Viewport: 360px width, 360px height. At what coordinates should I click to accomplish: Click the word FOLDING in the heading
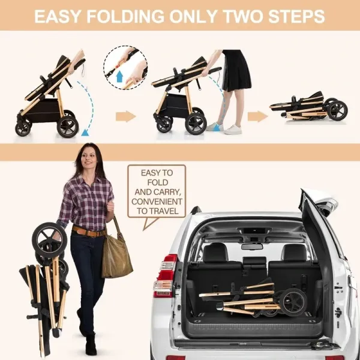[x=125, y=16]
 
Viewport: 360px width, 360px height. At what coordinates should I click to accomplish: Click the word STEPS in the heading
[x=296, y=16]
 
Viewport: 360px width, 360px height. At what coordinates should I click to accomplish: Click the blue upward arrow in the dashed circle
[x=119, y=76]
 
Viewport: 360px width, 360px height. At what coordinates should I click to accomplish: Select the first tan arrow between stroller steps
[x=125, y=116]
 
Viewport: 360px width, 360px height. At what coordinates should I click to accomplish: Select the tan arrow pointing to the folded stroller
[x=257, y=116]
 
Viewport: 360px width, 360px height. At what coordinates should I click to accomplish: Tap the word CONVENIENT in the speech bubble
[x=157, y=202]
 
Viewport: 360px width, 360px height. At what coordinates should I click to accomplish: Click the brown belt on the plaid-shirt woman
[x=89, y=232]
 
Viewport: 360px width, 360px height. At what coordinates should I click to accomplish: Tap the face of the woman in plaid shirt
[x=88, y=158]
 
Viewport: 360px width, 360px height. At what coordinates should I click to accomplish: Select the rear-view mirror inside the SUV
[x=252, y=247]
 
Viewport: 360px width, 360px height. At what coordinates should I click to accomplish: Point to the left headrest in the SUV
[x=215, y=253]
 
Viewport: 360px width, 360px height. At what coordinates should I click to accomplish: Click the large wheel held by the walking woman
[x=49, y=239]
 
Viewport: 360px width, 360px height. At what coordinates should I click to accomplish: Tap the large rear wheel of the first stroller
[x=68, y=127]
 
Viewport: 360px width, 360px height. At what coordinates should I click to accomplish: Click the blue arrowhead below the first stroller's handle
[x=85, y=133]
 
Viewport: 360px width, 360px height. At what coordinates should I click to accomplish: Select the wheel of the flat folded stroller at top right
[x=337, y=110]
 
